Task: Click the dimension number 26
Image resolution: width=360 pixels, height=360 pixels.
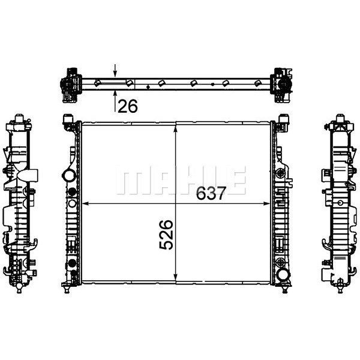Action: (x=128, y=106)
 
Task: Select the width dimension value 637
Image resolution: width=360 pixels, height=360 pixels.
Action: (x=211, y=193)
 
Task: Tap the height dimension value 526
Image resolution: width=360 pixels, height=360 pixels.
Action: (x=166, y=235)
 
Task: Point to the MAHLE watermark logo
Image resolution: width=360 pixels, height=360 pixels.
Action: (x=181, y=180)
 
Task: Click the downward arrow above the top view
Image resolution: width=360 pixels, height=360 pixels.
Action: (x=115, y=70)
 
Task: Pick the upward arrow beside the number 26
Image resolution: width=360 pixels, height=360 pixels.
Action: (x=115, y=101)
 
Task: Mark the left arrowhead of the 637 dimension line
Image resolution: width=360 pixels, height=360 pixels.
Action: (x=85, y=203)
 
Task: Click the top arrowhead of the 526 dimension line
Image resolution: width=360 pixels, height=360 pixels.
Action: (x=176, y=129)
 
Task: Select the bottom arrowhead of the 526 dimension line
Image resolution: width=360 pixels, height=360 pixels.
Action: (x=176, y=277)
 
